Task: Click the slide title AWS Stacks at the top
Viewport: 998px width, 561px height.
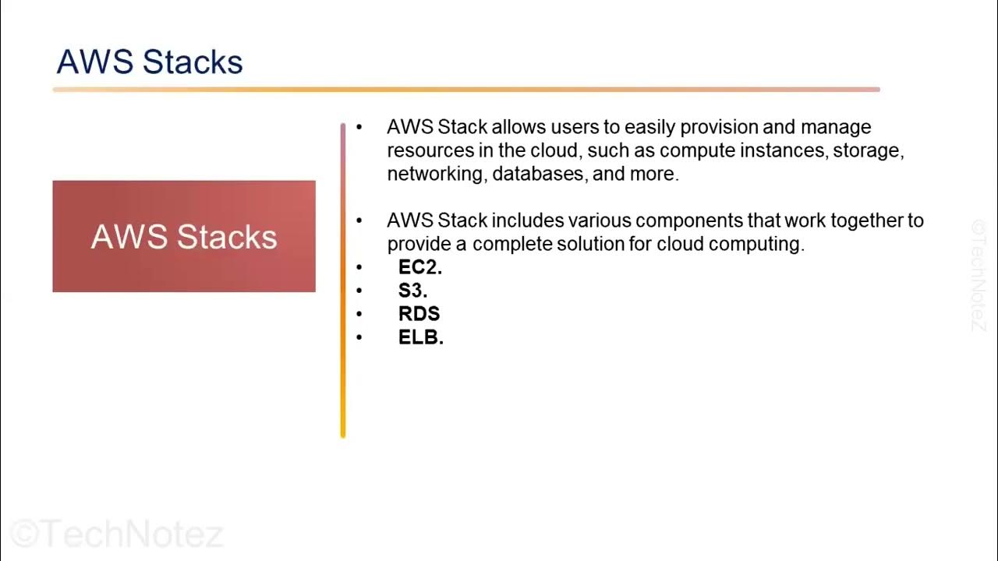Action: (x=150, y=62)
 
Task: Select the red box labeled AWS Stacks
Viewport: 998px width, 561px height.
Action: (x=184, y=237)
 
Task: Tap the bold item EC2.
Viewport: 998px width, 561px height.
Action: (x=419, y=266)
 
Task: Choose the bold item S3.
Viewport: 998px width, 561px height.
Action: (x=412, y=290)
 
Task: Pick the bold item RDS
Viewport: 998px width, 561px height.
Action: (x=419, y=313)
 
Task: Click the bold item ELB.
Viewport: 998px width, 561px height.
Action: (x=420, y=337)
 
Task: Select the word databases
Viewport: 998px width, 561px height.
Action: (x=539, y=174)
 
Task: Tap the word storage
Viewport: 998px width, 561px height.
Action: (x=868, y=150)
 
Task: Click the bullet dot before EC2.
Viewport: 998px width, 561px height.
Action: (x=359, y=267)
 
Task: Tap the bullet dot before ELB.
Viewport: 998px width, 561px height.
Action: (x=359, y=337)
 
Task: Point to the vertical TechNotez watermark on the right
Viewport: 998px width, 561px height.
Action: (x=979, y=274)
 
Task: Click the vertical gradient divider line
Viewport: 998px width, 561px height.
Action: (x=342, y=280)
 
